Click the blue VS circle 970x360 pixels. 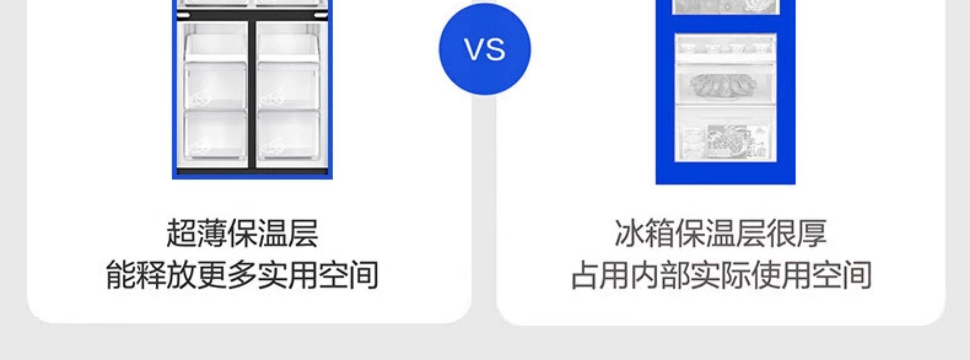(x=485, y=49)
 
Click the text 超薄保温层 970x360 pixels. (x=242, y=234)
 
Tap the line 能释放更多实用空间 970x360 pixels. (x=242, y=275)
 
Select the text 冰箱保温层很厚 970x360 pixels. (x=720, y=234)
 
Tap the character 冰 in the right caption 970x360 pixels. (x=630, y=234)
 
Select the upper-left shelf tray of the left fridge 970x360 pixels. (x=215, y=47)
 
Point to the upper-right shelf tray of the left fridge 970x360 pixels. (x=289, y=47)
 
